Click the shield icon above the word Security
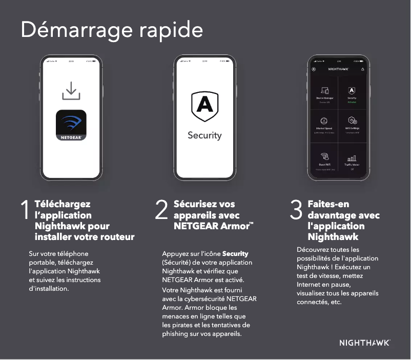click(204, 106)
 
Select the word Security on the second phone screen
click(204, 135)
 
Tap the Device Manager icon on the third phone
click(324, 90)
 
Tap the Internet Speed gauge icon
click(324, 121)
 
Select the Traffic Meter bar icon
click(352, 158)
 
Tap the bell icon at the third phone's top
click(363, 69)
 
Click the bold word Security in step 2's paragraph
click(235, 254)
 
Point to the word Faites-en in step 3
click(328, 204)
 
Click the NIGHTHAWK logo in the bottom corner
click(364, 342)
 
